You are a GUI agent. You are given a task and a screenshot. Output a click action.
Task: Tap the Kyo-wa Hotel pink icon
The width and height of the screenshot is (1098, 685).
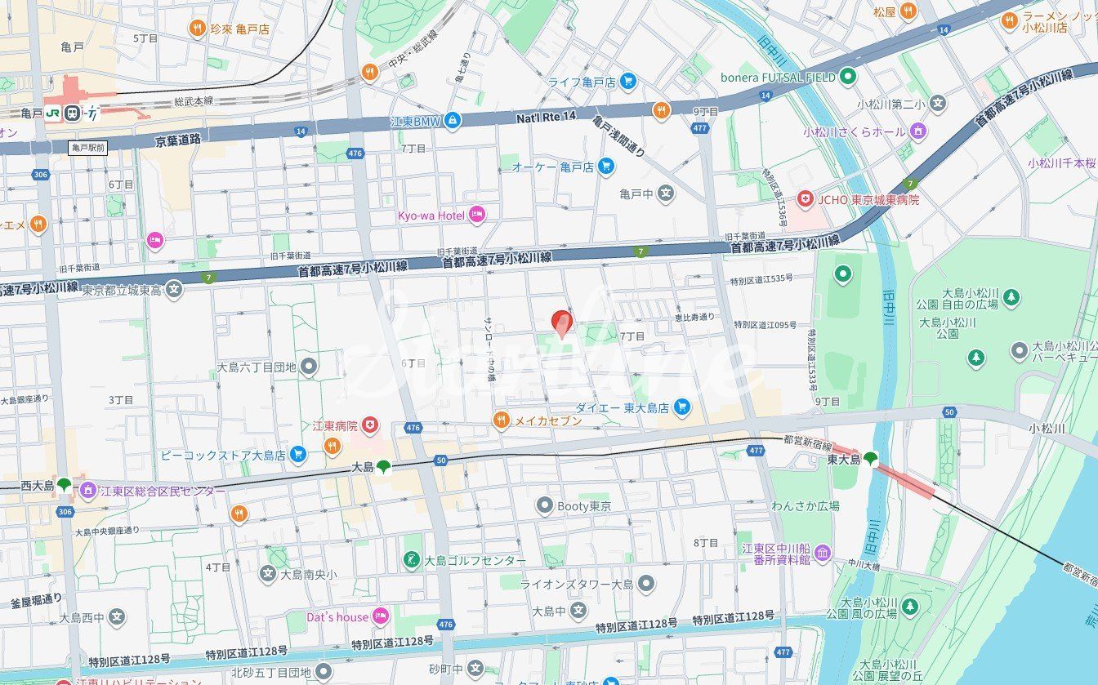click(x=477, y=216)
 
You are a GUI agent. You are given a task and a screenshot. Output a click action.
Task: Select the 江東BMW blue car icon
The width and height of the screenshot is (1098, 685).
click(x=453, y=122)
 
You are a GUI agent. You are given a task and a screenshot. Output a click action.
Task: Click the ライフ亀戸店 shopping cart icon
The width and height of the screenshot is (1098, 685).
click(x=627, y=81)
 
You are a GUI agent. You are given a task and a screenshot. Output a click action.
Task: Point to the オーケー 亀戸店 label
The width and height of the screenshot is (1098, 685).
click(x=552, y=167)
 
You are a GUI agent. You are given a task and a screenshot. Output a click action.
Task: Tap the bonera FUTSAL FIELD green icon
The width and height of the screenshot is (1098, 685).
click(x=848, y=78)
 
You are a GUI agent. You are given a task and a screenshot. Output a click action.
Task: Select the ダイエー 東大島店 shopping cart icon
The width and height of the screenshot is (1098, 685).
click(x=682, y=407)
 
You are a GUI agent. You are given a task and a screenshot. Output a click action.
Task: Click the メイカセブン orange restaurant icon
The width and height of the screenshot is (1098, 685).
click(x=502, y=420)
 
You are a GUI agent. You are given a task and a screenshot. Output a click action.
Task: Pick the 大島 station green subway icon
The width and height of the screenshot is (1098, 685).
click(x=383, y=467)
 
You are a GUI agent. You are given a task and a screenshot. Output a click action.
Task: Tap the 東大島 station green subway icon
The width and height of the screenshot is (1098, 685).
click(x=871, y=459)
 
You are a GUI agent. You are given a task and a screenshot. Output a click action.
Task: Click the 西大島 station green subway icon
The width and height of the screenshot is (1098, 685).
click(x=64, y=485)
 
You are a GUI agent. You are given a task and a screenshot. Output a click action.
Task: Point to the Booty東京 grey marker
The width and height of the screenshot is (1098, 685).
click(x=544, y=506)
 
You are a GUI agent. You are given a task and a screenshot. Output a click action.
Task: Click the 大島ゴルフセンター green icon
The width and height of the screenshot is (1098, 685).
click(x=413, y=561)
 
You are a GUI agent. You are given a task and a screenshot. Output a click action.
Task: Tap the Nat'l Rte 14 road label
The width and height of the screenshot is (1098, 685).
click(x=546, y=117)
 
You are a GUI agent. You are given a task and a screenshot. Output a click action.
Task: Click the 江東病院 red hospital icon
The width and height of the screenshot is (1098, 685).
click(x=370, y=425)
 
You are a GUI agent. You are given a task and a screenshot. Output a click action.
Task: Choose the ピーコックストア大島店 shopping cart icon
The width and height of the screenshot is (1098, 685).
click(x=298, y=455)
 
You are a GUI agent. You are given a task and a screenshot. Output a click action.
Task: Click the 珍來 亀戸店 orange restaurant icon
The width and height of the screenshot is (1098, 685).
click(x=197, y=29)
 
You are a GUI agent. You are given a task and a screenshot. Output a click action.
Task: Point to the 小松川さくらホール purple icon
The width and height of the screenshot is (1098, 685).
click(x=917, y=131)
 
